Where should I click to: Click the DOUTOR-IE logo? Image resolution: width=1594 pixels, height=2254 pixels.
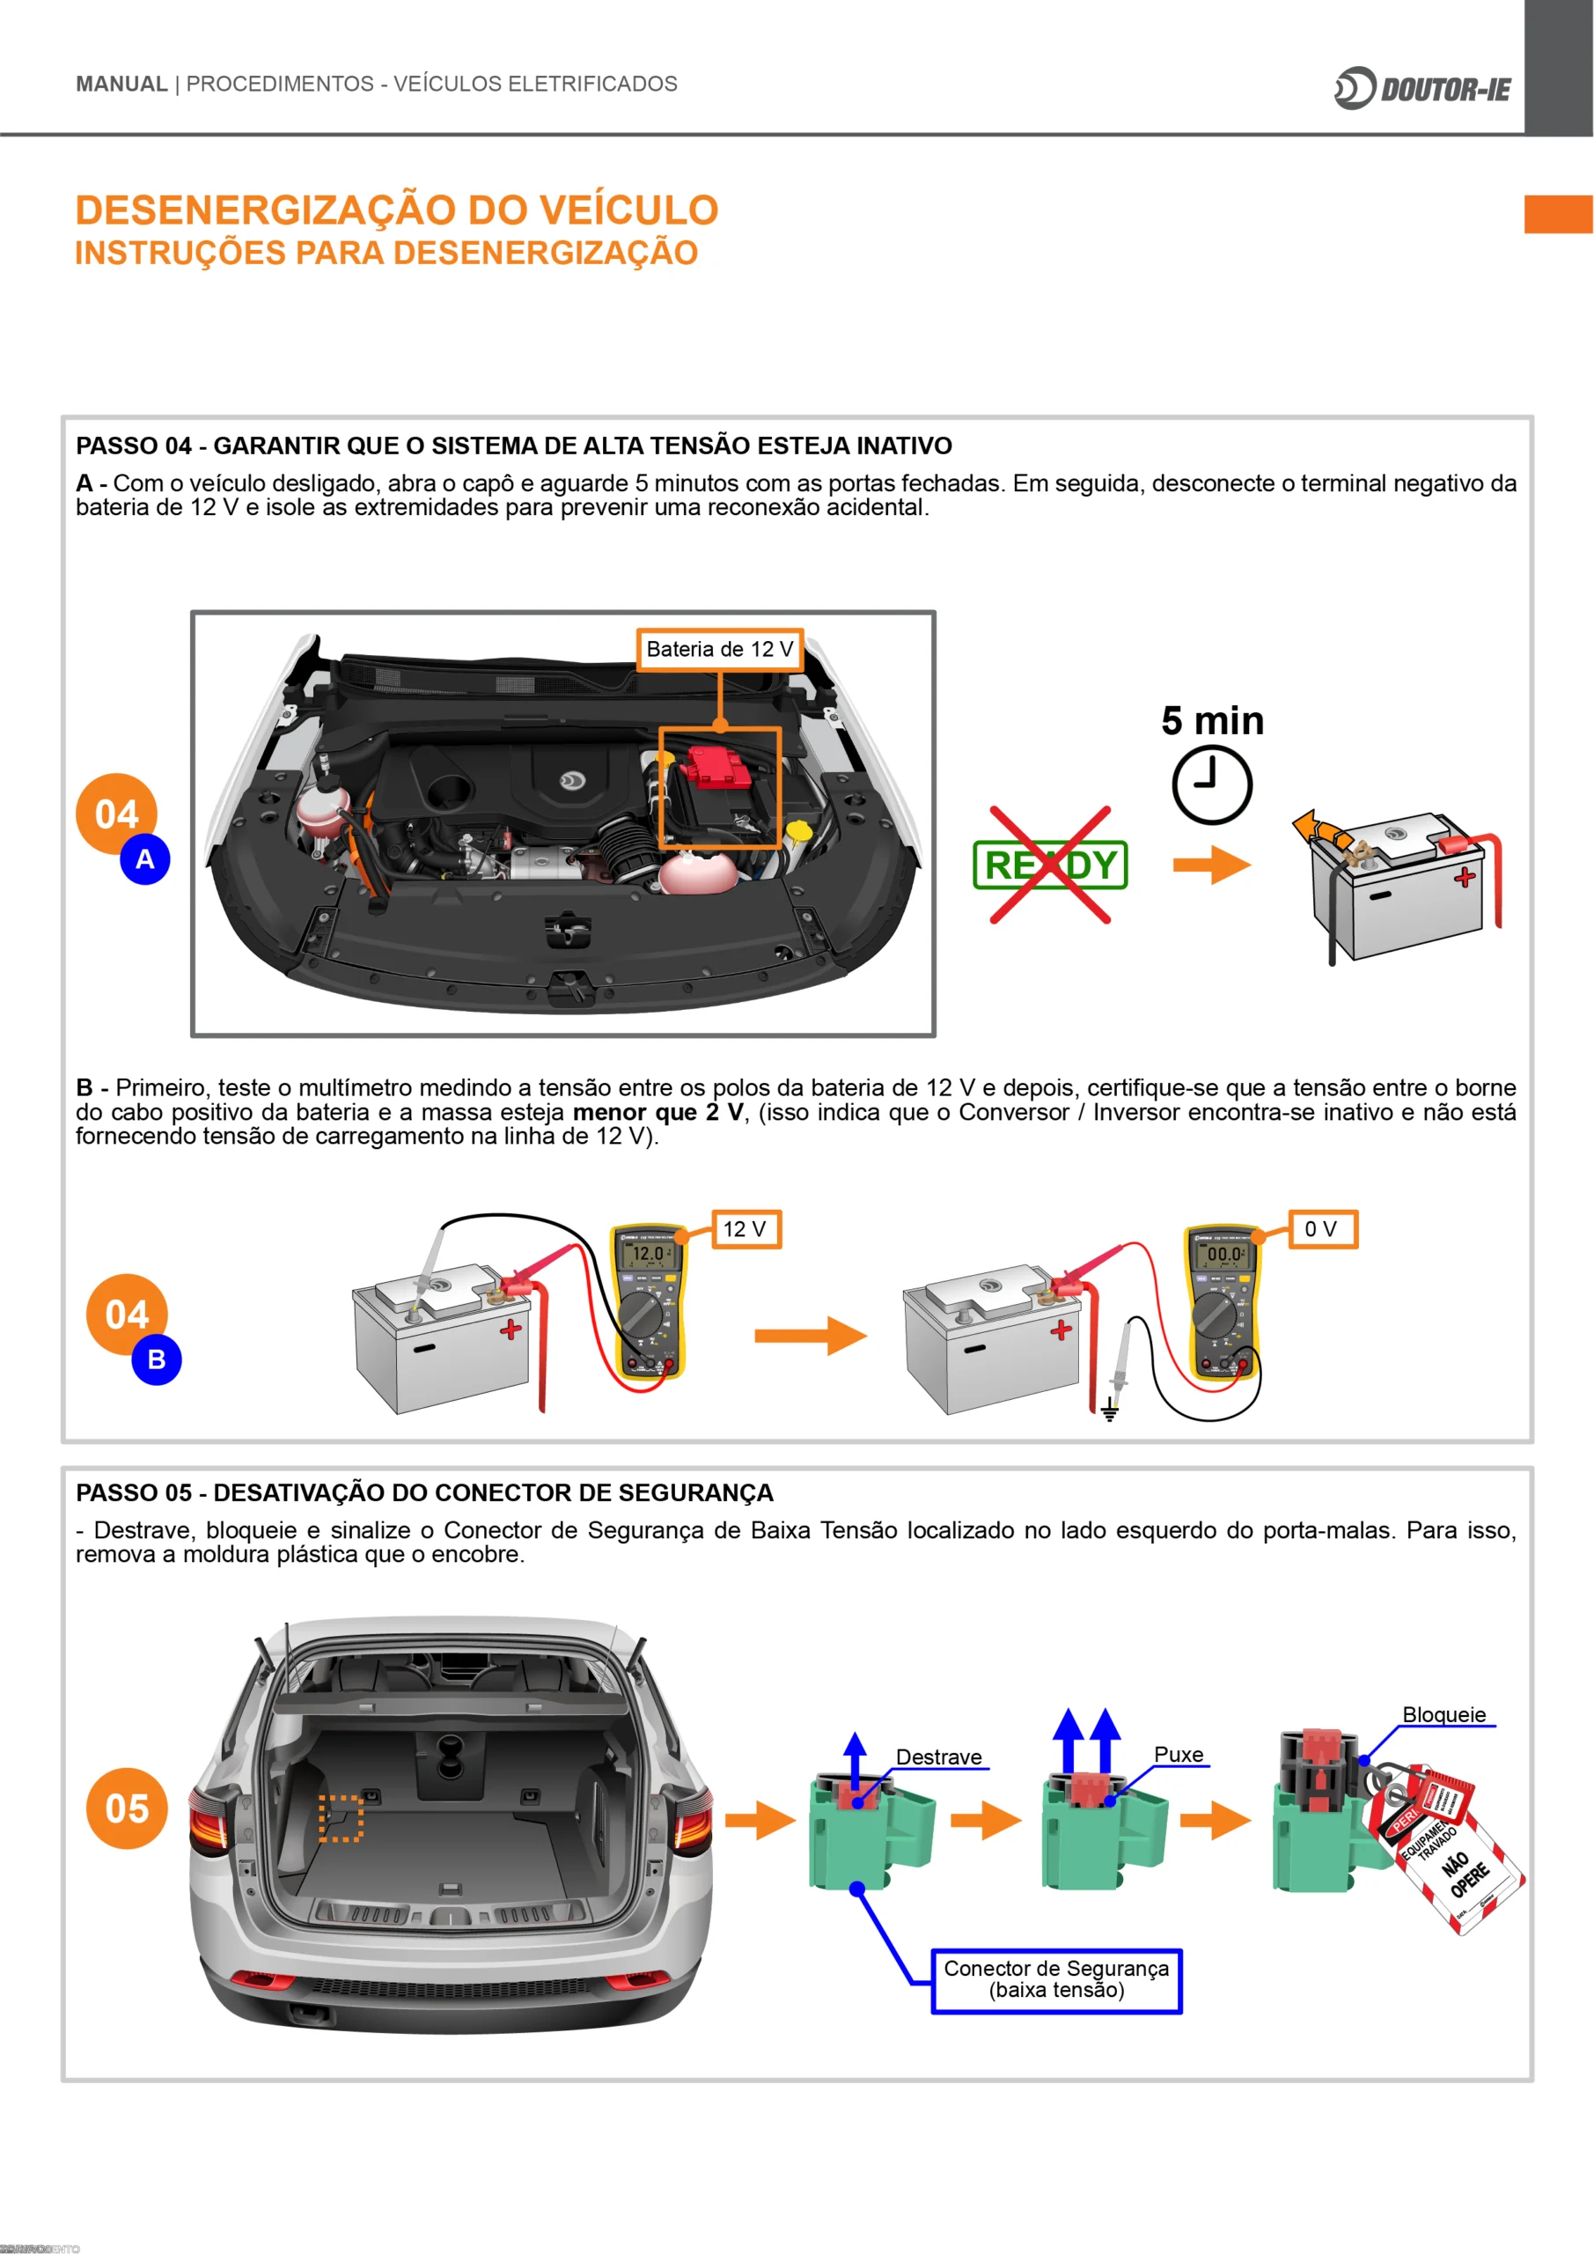point(1422,88)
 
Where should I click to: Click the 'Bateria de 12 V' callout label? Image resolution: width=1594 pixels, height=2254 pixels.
point(719,649)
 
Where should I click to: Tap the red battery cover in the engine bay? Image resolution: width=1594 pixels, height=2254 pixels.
point(717,766)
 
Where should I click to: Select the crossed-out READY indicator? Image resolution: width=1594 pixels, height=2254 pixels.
point(1050,865)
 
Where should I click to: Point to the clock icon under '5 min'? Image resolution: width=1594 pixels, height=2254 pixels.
point(1211,784)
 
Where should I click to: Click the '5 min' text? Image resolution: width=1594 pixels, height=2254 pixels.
point(1212,720)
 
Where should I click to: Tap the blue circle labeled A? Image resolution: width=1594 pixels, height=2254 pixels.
point(145,859)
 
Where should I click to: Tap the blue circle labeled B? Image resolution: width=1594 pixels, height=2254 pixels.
point(156,1359)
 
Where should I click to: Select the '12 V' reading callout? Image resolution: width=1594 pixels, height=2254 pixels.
point(745,1229)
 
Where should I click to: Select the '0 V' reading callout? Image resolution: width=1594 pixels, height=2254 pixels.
point(1321,1229)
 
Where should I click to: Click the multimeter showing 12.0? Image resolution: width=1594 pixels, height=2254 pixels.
point(648,1300)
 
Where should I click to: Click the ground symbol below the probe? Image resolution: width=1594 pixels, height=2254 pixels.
point(1109,1412)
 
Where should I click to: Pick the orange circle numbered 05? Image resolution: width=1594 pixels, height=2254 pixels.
point(127,1808)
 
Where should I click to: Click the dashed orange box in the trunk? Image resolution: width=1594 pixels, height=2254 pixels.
point(341,1818)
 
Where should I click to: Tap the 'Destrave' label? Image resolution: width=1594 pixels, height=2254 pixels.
point(938,1757)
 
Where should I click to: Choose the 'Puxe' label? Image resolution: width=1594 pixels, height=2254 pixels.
point(1178,1754)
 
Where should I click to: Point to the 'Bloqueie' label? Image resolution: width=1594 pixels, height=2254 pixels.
point(1443,1714)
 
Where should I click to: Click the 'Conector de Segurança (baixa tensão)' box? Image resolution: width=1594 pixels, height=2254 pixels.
point(1056,1979)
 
